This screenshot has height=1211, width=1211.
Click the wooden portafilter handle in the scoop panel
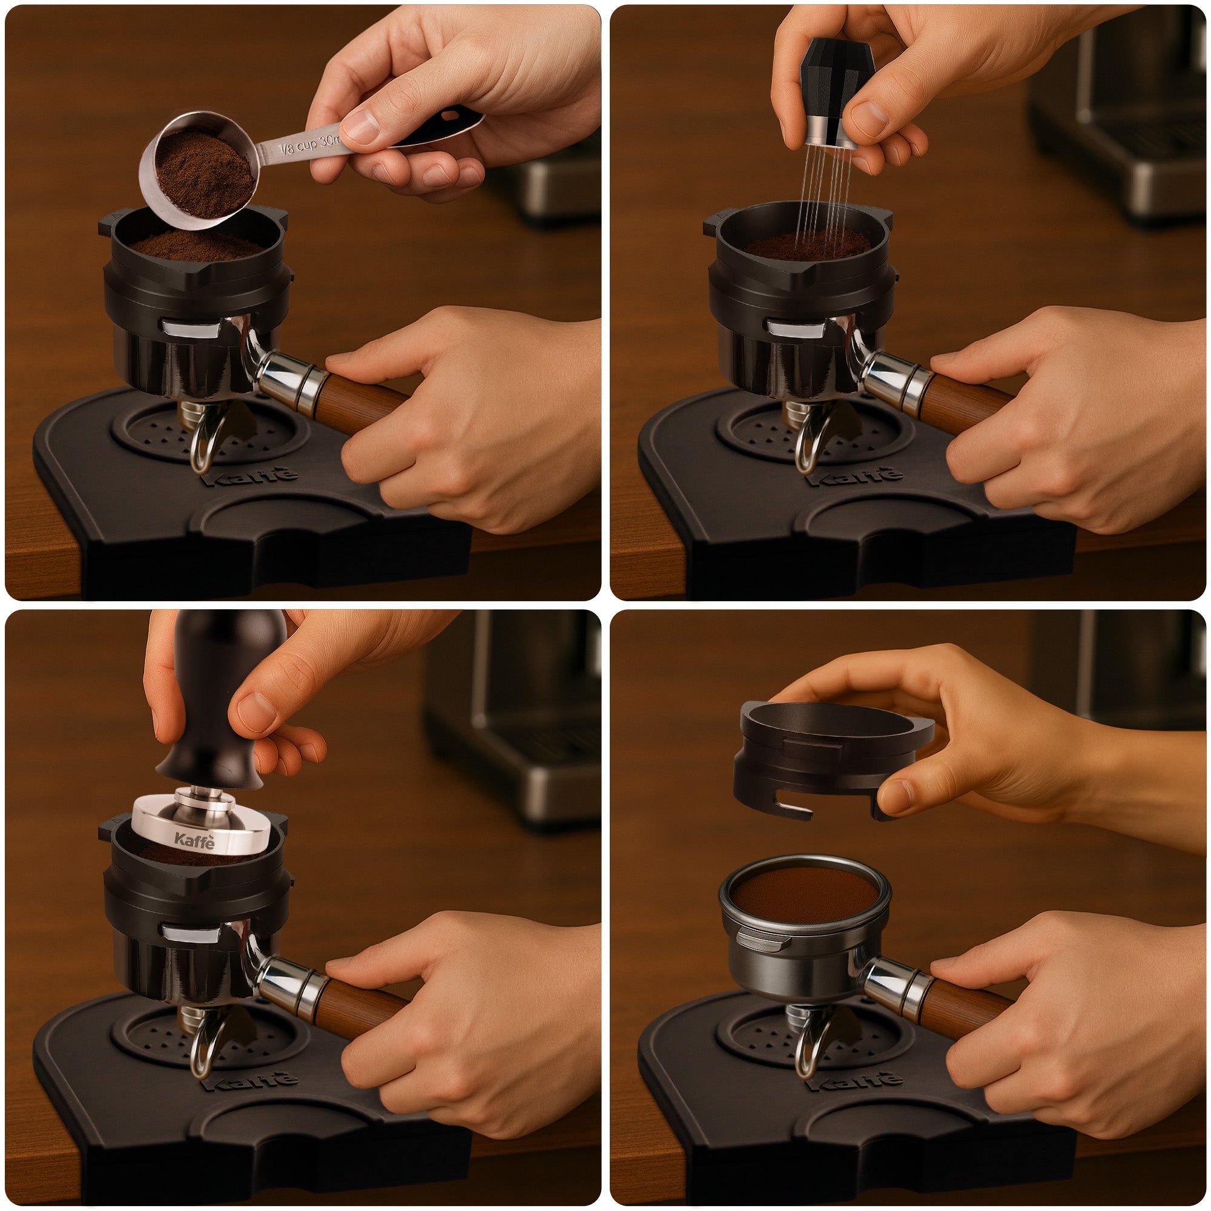pos(360,401)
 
